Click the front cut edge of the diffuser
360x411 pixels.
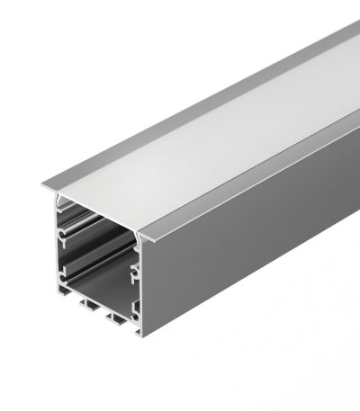coord(99,212)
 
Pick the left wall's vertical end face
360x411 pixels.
coord(58,252)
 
